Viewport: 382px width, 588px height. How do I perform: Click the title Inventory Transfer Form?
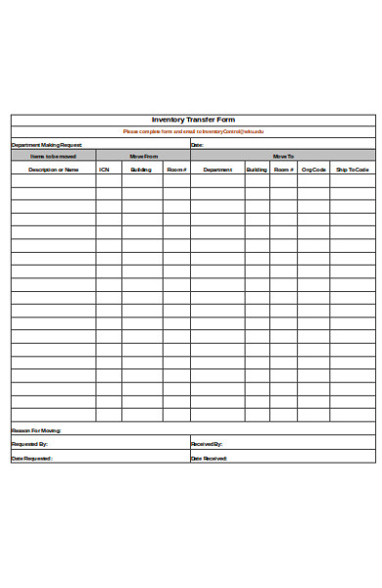[x=193, y=120]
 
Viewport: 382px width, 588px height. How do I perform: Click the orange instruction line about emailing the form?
[x=193, y=131]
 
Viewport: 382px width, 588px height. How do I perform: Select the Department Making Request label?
[x=40, y=144]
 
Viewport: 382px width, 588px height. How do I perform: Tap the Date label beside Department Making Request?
[x=197, y=144]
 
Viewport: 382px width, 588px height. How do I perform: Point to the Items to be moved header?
[x=53, y=156]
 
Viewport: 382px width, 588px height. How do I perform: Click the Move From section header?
[x=143, y=156]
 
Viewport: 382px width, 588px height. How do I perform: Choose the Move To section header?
[x=283, y=156]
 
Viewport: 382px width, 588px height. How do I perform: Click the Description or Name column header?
[x=53, y=170]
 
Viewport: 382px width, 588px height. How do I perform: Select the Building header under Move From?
[x=141, y=170]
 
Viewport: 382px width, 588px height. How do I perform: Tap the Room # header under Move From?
[x=176, y=170]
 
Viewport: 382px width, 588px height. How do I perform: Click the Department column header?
[x=217, y=170]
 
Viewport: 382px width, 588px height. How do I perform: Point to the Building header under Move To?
[x=257, y=170]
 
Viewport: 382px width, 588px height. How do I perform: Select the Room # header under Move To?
[x=283, y=170]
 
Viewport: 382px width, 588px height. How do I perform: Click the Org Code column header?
[x=313, y=170]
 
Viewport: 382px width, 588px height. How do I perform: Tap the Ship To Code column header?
[x=353, y=170]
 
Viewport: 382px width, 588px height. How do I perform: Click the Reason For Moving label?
[x=36, y=430]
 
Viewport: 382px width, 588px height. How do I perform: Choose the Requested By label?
[x=30, y=444]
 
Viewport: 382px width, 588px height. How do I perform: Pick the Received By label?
[x=207, y=444]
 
